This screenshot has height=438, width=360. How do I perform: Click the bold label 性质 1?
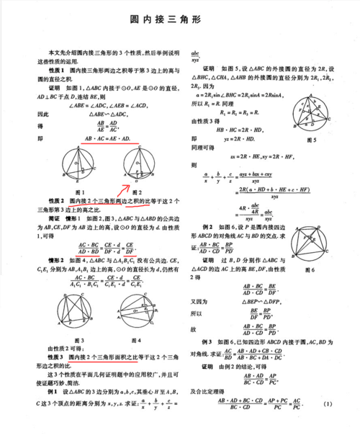pyautogui.click(x=58, y=69)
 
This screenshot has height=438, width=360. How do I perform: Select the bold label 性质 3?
pyautogui.click(x=58, y=356)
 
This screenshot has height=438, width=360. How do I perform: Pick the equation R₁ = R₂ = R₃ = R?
pyautogui.click(x=241, y=113)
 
